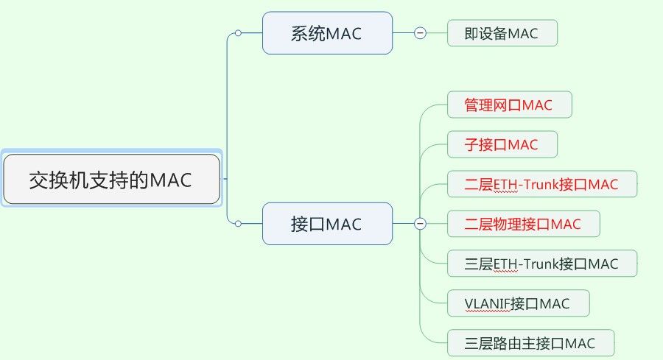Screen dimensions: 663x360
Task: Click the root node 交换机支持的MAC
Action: click(x=112, y=179)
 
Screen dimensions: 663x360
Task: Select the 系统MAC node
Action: click(x=327, y=33)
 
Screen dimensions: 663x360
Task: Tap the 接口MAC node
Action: click(x=327, y=224)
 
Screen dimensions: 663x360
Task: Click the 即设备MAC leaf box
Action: click(x=502, y=33)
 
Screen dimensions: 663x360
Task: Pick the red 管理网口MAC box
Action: click(x=510, y=105)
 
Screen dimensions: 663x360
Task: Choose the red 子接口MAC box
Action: click(x=502, y=144)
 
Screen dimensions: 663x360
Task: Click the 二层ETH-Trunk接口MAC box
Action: click(x=542, y=184)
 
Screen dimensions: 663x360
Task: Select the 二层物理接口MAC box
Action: click(x=524, y=224)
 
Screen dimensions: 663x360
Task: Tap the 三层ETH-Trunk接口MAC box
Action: click(x=542, y=264)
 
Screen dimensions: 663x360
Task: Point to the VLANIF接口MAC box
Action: click(x=519, y=303)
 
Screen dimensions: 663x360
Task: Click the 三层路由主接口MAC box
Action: click(x=530, y=342)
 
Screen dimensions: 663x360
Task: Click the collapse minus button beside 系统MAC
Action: click(x=420, y=33)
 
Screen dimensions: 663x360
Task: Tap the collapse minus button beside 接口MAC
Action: click(x=420, y=224)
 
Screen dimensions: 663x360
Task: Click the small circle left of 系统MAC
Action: click(x=238, y=33)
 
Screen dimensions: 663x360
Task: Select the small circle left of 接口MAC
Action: click(x=238, y=224)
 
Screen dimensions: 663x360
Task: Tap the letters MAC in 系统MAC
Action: click(x=344, y=34)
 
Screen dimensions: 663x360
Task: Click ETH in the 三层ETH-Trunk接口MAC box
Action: click(x=505, y=264)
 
